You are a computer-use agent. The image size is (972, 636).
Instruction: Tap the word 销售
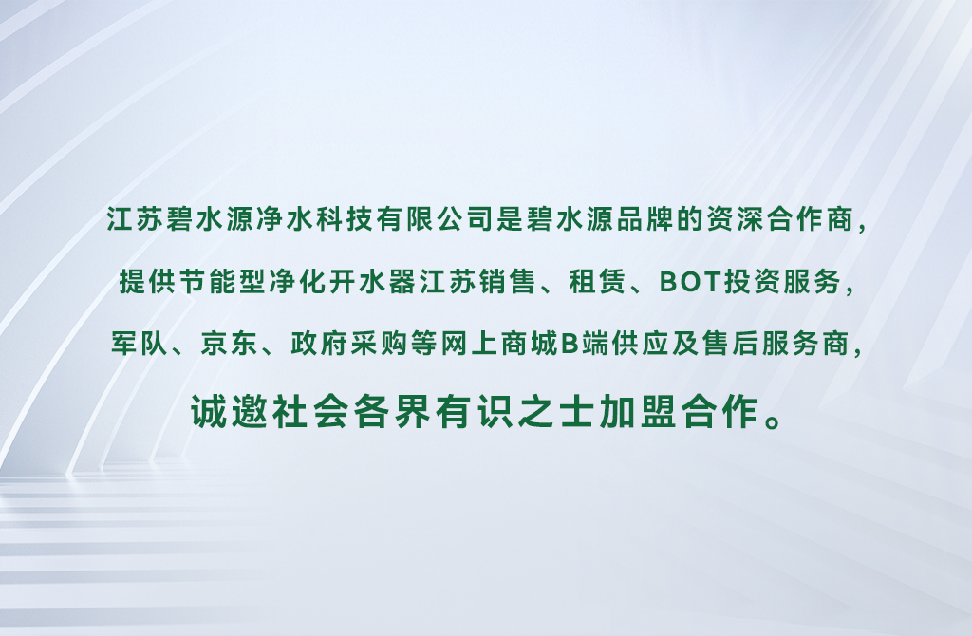click(509, 281)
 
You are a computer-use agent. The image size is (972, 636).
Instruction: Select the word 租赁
click(598, 281)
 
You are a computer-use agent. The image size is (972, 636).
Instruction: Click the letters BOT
click(689, 282)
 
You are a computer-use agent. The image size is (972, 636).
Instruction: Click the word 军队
click(140, 344)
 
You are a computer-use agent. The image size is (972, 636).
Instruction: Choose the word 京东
click(230, 344)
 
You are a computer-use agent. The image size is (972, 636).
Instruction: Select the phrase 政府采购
click(349, 344)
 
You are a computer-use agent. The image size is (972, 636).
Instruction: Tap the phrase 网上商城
click(499, 344)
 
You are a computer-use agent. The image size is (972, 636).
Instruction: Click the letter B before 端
click(570, 344)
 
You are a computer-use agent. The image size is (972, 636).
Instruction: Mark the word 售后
click(732, 344)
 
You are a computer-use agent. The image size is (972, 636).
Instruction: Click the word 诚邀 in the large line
click(229, 411)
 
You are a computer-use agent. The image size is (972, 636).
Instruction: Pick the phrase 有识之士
click(515, 411)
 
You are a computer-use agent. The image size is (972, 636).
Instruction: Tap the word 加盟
click(638, 411)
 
